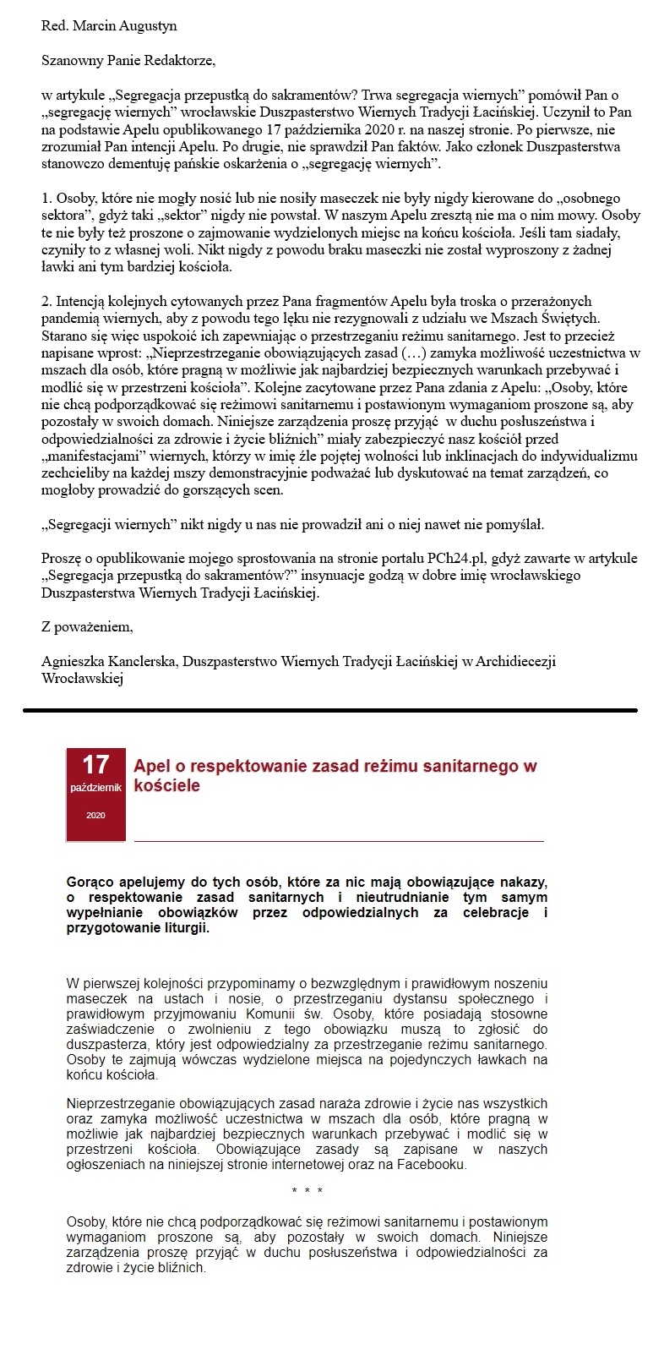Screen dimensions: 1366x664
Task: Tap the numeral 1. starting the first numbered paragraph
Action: point(46,198)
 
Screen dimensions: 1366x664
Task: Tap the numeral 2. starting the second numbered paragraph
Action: point(47,301)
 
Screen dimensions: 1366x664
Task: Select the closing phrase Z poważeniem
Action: point(87,627)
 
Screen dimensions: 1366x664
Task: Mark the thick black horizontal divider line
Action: point(329,710)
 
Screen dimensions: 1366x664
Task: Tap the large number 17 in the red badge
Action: point(95,765)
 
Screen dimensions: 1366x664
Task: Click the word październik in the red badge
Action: point(95,788)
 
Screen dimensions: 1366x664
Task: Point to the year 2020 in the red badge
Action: point(95,816)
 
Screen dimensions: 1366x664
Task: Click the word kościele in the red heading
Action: point(167,786)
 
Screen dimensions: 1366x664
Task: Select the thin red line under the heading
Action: point(338,841)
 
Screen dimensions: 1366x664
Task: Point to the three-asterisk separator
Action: point(307,1191)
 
